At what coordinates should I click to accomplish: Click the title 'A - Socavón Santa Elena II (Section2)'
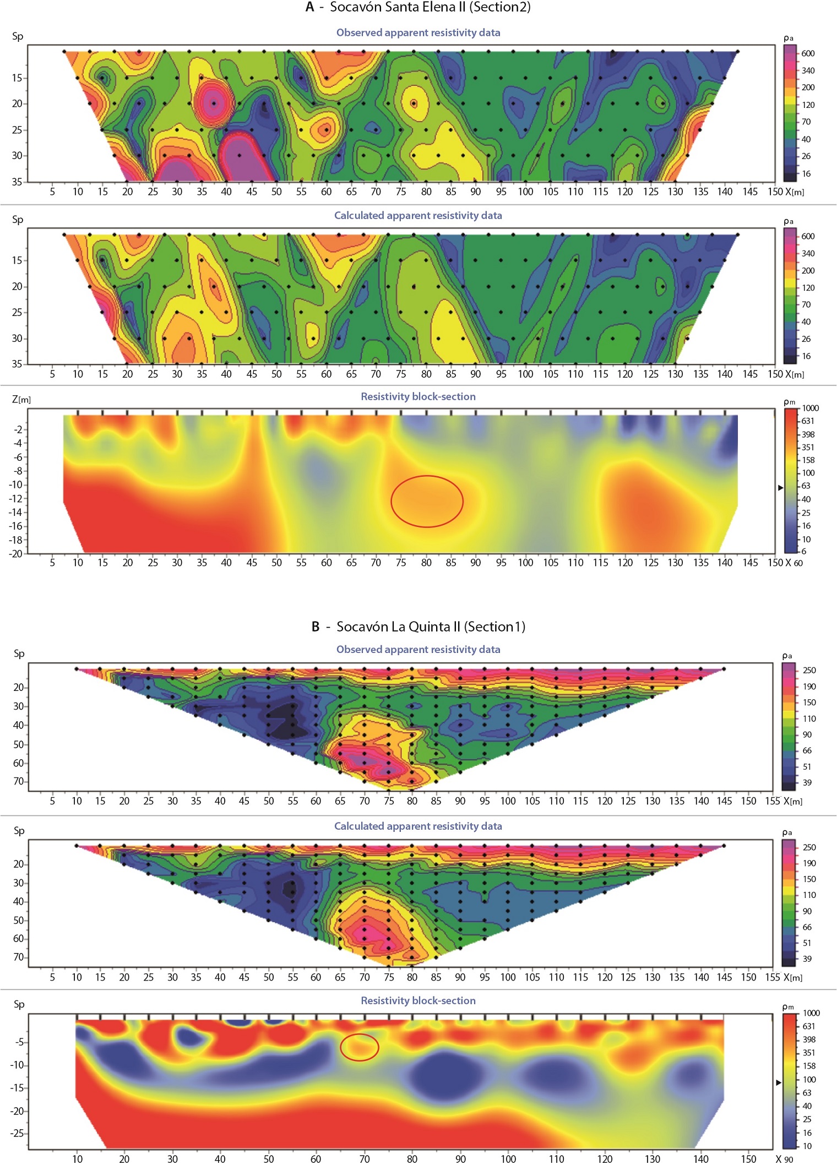pos(418,7)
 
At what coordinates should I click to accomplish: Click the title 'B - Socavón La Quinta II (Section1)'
pos(418,627)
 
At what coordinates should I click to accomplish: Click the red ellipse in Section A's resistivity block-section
pos(427,501)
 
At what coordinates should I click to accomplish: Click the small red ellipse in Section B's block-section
pos(359,1047)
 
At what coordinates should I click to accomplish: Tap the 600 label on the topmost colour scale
pos(808,53)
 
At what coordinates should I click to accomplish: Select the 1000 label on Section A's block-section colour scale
pos(810,408)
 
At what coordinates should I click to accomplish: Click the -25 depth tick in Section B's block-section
pos(17,1133)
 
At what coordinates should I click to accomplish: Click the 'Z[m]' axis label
pos(21,399)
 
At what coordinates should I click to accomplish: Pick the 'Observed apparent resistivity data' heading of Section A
pos(418,32)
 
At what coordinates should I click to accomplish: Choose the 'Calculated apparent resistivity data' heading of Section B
pos(418,826)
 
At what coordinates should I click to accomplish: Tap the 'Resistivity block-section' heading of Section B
pos(418,1000)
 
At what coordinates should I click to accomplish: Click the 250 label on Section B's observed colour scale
pos(809,670)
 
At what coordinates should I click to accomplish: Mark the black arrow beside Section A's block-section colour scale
pos(780,488)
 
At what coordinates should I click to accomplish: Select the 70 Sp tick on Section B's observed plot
pos(19,781)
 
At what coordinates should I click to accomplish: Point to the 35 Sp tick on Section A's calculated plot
pos(17,363)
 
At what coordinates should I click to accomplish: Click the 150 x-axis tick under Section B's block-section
pos(748,1159)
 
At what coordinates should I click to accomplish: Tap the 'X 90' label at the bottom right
pos(785,1159)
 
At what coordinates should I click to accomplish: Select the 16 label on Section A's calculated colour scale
pos(806,356)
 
